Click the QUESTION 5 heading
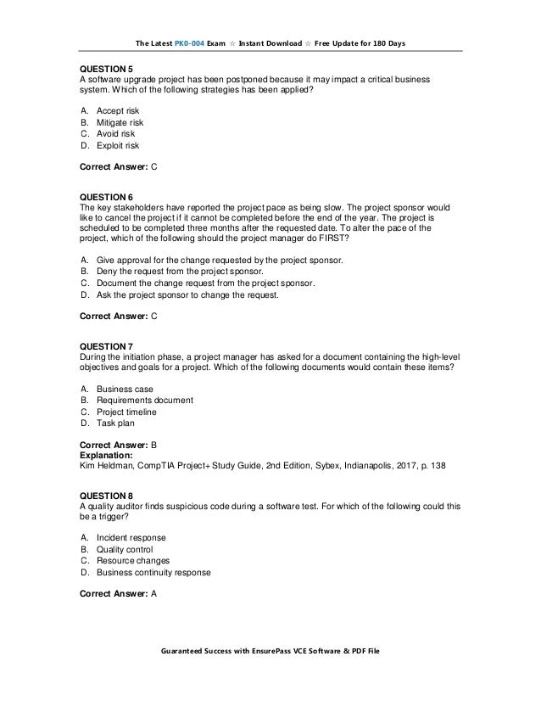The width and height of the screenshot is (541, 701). click(x=106, y=69)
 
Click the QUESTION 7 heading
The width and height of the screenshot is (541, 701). click(x=106, y=345)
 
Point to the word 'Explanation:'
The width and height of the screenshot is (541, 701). click(x=107, y=455)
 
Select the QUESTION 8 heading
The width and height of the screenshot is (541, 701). click(x=106, y=496)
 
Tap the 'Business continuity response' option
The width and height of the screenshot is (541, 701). click(x=153, y=573)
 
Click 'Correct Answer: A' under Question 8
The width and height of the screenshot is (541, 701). click(x=118, y=593)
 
